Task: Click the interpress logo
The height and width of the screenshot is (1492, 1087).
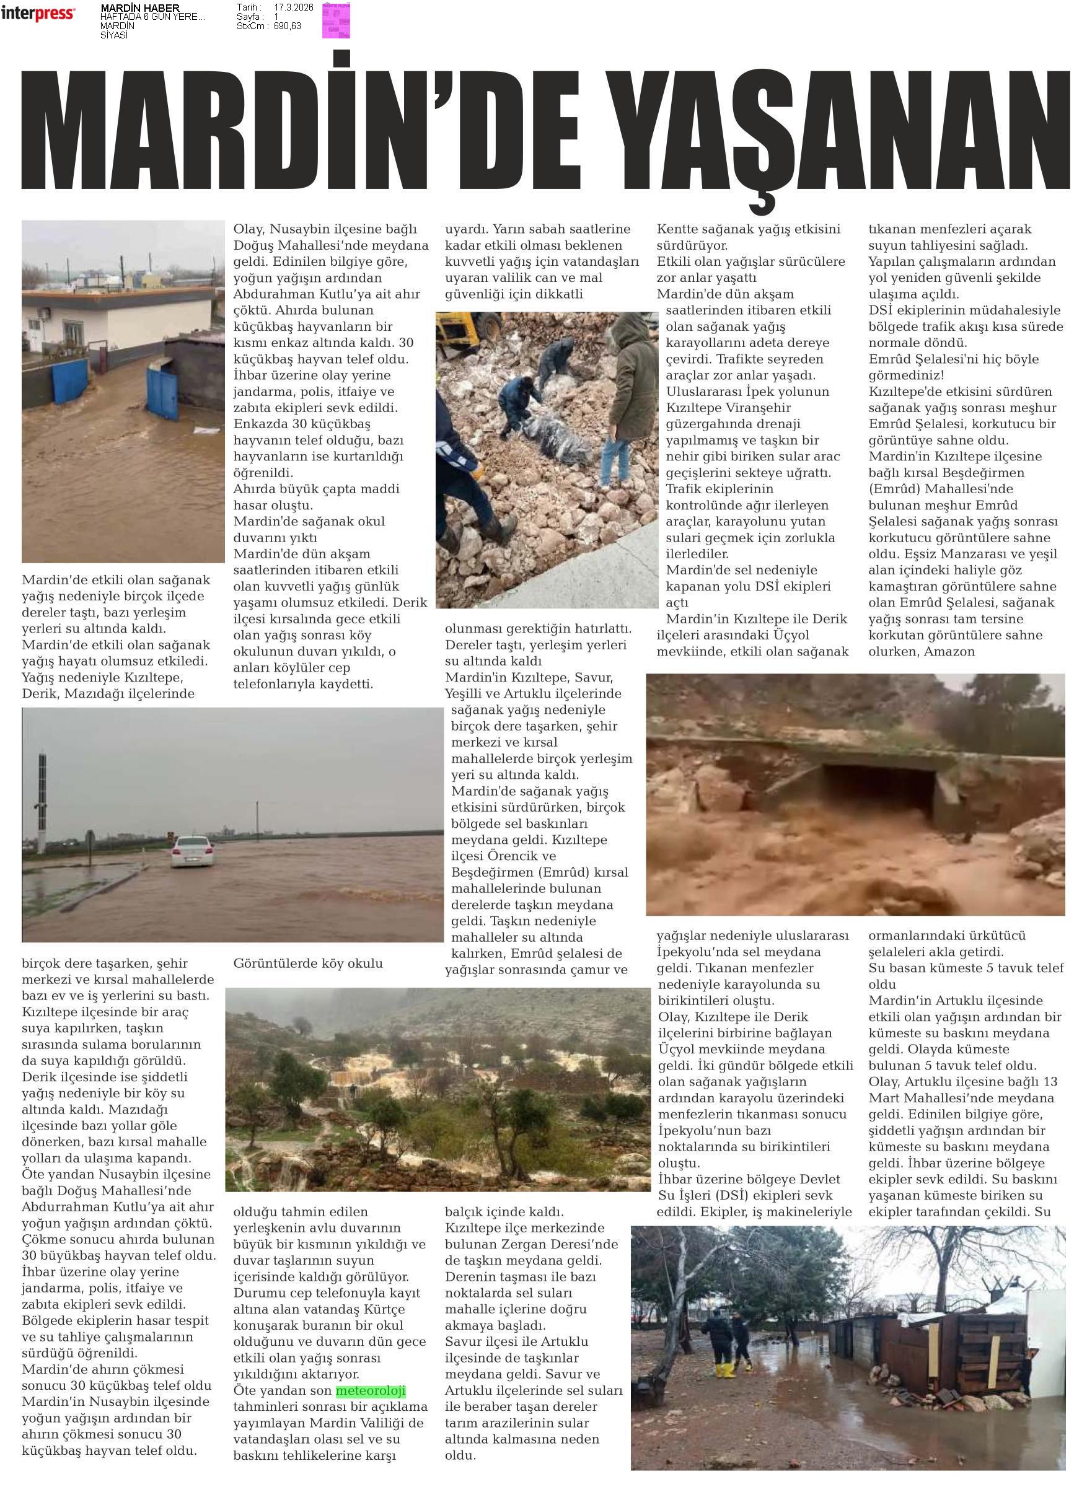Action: [38, 13]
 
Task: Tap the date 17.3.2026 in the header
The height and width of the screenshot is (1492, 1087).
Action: [294, 7]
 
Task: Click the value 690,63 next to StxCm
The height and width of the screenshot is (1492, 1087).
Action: [288, 25]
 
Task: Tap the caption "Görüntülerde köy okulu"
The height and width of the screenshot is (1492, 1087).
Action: [307, 963]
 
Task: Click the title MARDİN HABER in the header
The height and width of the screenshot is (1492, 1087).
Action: [139, 8]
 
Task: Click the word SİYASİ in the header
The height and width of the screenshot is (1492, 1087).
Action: [114, 35]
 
